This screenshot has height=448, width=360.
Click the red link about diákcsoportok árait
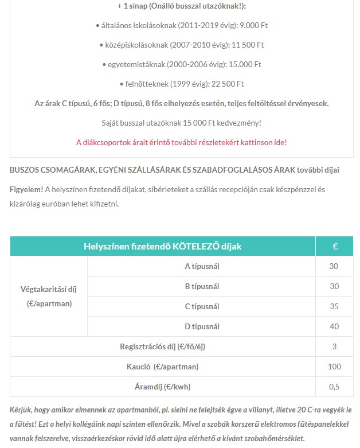tap(181, 142)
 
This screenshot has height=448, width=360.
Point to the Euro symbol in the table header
tap(335, 246)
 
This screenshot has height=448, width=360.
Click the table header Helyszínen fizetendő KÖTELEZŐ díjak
tap(163, 246)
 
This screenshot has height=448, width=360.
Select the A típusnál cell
tap(202, 266)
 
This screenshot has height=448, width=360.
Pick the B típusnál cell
tap(202, 286)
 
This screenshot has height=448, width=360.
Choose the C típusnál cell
tap(202, 306)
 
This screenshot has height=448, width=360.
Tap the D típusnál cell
tap(202, 326)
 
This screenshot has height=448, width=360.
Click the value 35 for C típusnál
tap(334, 306)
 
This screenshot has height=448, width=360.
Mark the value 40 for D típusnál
tap(334, 326)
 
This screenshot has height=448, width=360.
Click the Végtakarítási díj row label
tap(49, 296)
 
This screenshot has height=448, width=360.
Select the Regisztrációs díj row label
tap(163, 346)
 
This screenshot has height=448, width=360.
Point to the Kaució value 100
tap(334, 367)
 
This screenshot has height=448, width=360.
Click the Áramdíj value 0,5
tap(334, 387)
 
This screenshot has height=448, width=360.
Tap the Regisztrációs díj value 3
tap(334, 346)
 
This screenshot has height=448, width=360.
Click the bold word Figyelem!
tap(26, 189)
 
